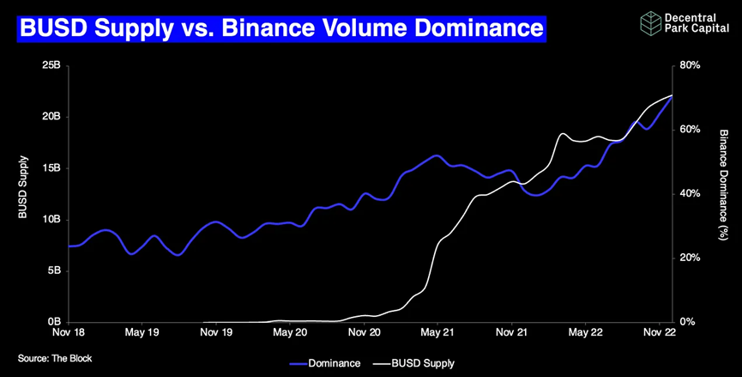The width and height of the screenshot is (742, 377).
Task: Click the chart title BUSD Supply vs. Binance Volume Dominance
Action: pyautogui.click(x=281, y=28)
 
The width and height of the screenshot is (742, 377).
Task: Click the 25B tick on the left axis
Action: pyautogui.click(x=51, y=65)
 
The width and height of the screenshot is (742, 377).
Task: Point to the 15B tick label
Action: pyautogui.click(x=51, y=168)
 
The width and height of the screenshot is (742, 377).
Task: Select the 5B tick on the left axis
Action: pyautogui.click(x=53, y=271)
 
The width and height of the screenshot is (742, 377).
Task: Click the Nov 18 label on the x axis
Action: pyautogui.click(x=68, y=331)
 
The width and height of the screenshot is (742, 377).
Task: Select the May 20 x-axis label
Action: pyautogui.click(x=290, y=331)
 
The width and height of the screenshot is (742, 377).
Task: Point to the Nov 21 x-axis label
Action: pyautogui.click(x=511, y=331)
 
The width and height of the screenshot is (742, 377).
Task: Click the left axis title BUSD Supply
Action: pyautogui.click(x=24, y=187)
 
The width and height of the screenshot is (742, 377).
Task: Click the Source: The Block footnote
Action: pyautogui.click(x=55, y=358)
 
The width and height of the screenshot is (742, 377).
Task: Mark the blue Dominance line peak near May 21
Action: pyautogui.click(x=436, y=155)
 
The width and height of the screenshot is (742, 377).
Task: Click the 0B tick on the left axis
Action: pyautogui.click(x=53, y=322)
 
